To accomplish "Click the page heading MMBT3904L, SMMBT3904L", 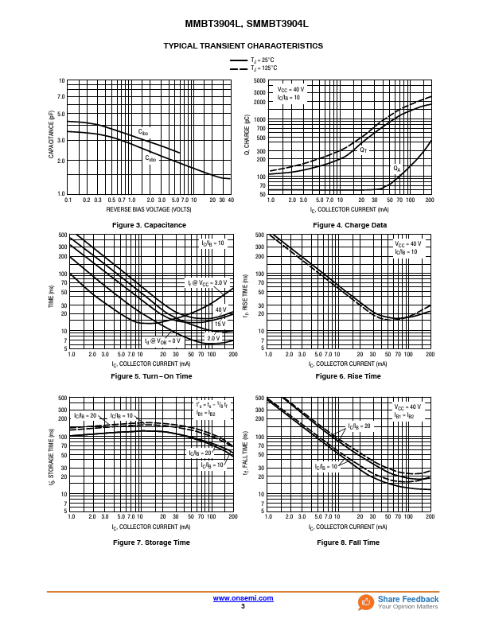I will (x=243, y=25).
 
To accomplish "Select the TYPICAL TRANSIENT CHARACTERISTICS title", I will (x=243, y=46).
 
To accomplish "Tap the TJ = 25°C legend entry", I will (x=263, y=60).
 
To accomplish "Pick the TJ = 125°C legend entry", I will (x=263, y=68).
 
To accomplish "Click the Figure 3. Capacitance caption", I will (x=150, y=225).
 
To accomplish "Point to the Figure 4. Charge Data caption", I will (x=350, y=225).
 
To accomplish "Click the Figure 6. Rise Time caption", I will (x=349, y=375).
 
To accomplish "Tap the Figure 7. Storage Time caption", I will (x=151, y=542).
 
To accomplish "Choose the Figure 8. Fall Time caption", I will (x=349, y=542).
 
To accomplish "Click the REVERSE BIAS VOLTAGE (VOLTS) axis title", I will (x=149, y=209).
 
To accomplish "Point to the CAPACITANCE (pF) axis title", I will (x=52, y=134).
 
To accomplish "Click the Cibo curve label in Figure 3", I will (x=143, y=132).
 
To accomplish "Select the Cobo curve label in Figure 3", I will (x=150, y=158).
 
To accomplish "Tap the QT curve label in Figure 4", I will (x=364, y=150).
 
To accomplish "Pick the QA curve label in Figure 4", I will (x=396, y=169).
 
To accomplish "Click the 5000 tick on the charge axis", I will (x=259, y=81).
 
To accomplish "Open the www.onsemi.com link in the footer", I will (x=243, y=598).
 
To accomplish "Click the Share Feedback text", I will (x=408, y=599).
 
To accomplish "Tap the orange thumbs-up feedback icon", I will (x=366, y=602).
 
